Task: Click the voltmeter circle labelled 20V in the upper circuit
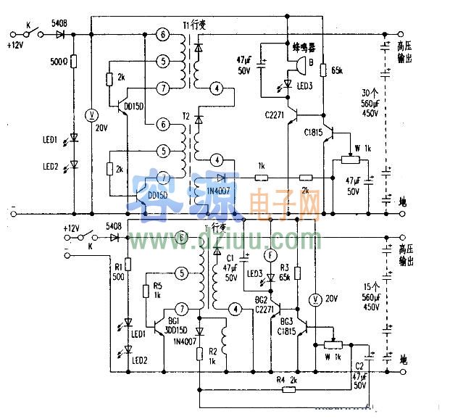pos(91,115)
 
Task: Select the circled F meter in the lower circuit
pos(270,255)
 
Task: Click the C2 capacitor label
pos(360,366)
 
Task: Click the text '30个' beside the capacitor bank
pos(370,93)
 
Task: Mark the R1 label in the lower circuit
pos(117,266)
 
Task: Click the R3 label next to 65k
pos(284,267)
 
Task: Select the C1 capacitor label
pos(230,257)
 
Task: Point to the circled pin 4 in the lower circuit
pos(234,310)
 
